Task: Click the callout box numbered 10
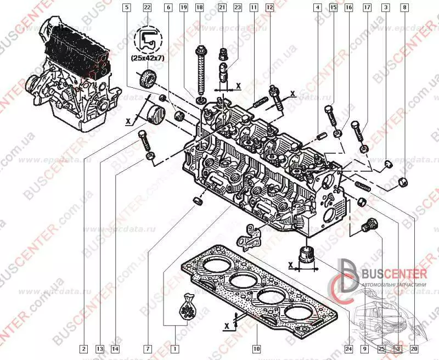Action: pos(256,348)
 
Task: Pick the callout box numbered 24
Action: pos(348,348)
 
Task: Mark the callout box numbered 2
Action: pos(83,348)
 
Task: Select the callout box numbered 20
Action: pos(414,348)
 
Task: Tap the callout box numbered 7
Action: pos(148,348)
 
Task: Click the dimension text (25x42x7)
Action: pos(147,57)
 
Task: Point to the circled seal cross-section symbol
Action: pos(147,37)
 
